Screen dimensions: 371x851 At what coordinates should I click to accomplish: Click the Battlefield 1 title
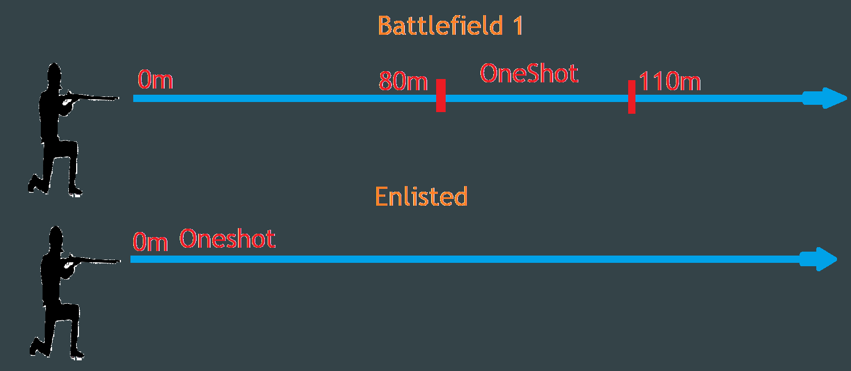tap(450, 26)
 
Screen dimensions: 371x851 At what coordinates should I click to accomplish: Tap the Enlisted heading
tap(421, 197)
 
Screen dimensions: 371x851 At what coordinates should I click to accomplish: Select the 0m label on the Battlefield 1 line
tap(155, 81)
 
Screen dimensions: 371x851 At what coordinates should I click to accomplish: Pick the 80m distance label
tap(403, 82)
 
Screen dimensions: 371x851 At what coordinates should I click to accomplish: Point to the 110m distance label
tap(670, 82)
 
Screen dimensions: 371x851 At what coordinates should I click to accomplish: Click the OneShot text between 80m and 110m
tap(529, 73)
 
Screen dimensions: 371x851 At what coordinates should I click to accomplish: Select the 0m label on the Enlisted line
tap(150, 243)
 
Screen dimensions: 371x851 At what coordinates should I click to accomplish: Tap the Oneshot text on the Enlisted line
tap(227, 239)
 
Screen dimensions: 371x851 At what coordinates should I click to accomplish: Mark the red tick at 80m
tap(441, 95)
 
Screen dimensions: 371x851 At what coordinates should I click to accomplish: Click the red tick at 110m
tap(632, 96)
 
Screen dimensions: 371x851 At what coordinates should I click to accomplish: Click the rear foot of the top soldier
tap(34, 185)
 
